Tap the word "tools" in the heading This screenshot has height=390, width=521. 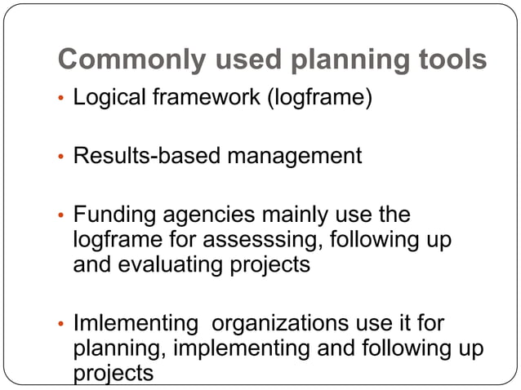448,60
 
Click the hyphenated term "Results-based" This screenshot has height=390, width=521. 148,156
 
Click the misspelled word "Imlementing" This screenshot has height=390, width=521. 135,323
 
